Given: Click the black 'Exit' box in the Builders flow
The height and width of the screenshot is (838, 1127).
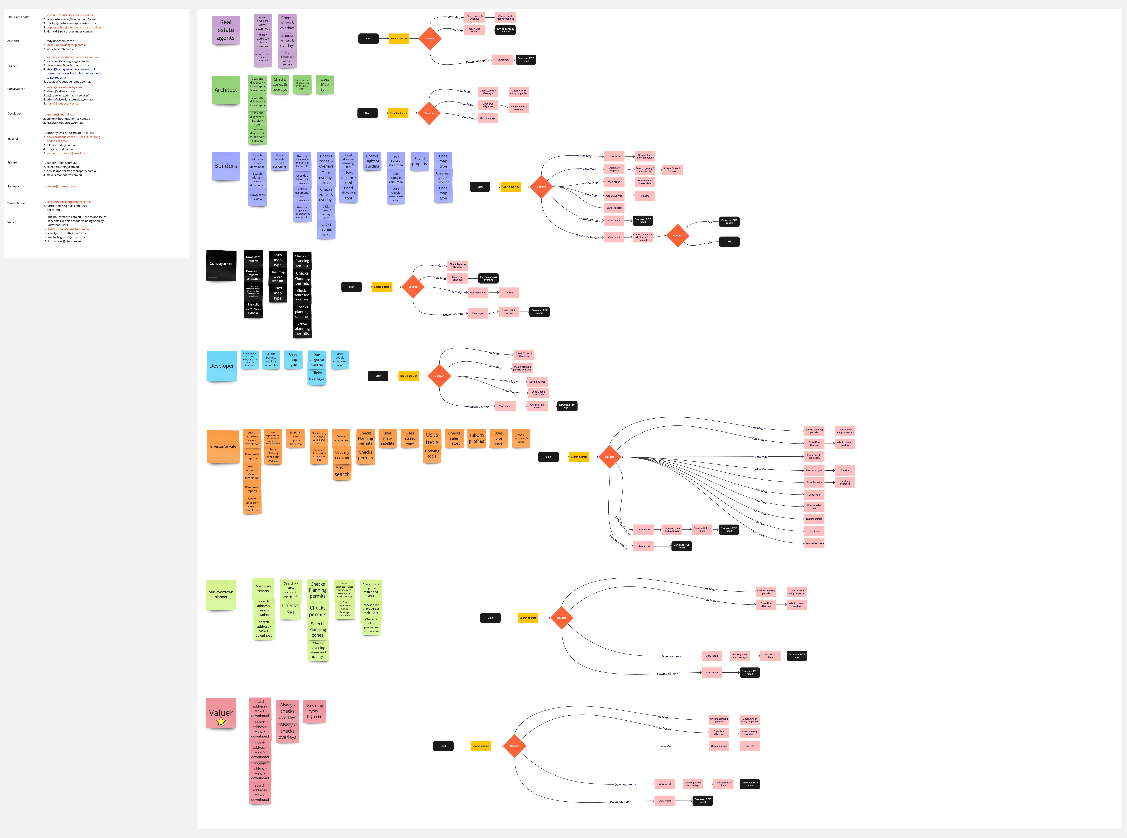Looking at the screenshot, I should click(x=729, y=241).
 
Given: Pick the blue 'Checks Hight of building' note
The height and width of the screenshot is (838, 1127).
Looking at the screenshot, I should click(x=372, y=161).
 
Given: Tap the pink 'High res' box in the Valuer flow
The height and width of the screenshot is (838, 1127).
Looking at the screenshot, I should click(x=750, y=746).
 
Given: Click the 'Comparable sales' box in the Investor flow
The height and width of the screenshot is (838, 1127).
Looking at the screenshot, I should click(x=814, y=543).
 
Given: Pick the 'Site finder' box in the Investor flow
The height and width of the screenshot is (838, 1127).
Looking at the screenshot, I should click(x=814, y=531).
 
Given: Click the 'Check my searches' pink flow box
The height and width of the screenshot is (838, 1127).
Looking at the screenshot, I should click(x=845, y=482).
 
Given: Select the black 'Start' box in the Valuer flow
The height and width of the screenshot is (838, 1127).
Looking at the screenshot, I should click(x=443, y=746).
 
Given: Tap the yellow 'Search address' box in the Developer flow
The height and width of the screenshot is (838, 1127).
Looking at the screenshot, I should click(x=408, y=376).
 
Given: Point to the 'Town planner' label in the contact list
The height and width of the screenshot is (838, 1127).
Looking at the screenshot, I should click(x=17, y=203).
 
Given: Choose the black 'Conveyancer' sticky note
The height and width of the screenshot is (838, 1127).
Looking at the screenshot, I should click(x=221, y=264).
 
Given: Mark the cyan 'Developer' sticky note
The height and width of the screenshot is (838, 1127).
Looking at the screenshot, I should click(x=222, y=366).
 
